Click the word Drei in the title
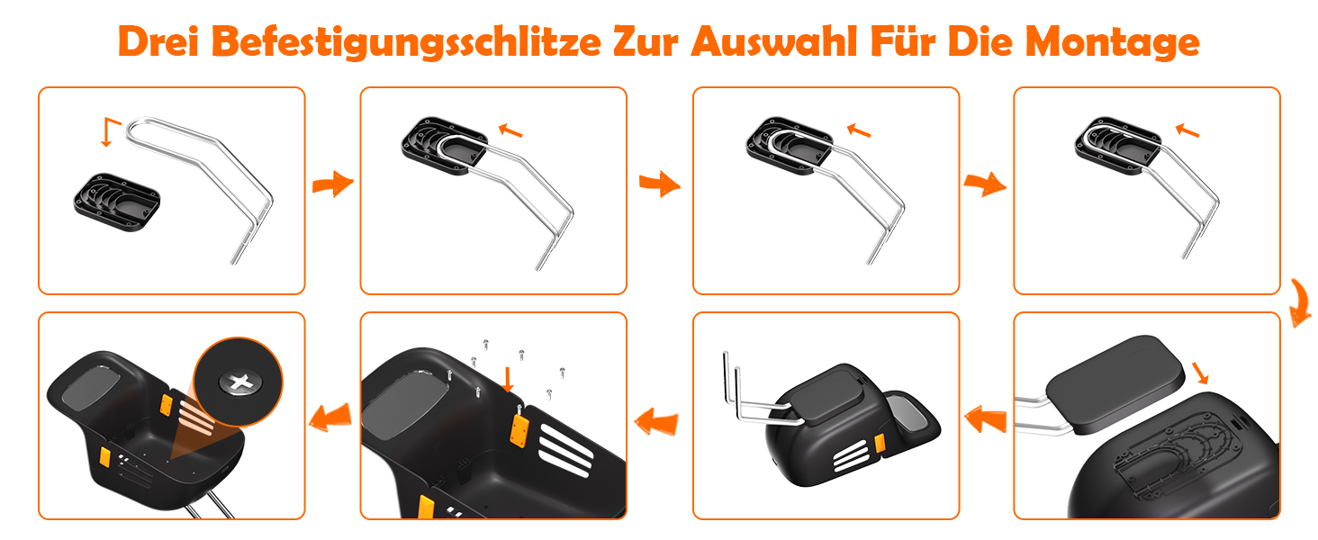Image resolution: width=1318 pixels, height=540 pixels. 158,41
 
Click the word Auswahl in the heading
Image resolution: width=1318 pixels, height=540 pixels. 774,41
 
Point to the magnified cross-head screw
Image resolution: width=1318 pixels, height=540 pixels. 240,382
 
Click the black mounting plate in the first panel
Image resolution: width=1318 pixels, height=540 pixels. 117,202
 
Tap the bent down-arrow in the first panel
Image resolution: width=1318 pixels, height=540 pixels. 111,131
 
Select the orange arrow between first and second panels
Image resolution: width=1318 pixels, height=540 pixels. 333,184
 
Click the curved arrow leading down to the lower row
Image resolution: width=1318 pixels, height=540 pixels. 1299,303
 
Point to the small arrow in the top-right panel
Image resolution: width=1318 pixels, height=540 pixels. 1187,130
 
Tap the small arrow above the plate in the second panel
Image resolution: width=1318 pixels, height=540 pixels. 510,130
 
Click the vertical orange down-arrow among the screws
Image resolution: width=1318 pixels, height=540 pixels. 508,380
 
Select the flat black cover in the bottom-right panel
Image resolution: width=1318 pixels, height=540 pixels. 1115,384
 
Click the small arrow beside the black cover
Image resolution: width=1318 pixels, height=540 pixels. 1200,373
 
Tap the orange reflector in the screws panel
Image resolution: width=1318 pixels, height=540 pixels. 519,430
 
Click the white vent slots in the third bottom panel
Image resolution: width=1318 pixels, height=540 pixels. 850,456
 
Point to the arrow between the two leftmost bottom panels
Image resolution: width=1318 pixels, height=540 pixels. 330,417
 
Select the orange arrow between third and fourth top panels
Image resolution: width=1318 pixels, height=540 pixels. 985,184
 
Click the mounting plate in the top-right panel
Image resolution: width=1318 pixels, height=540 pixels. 1118,145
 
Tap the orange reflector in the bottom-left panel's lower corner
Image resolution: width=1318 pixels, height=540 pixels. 105,457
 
